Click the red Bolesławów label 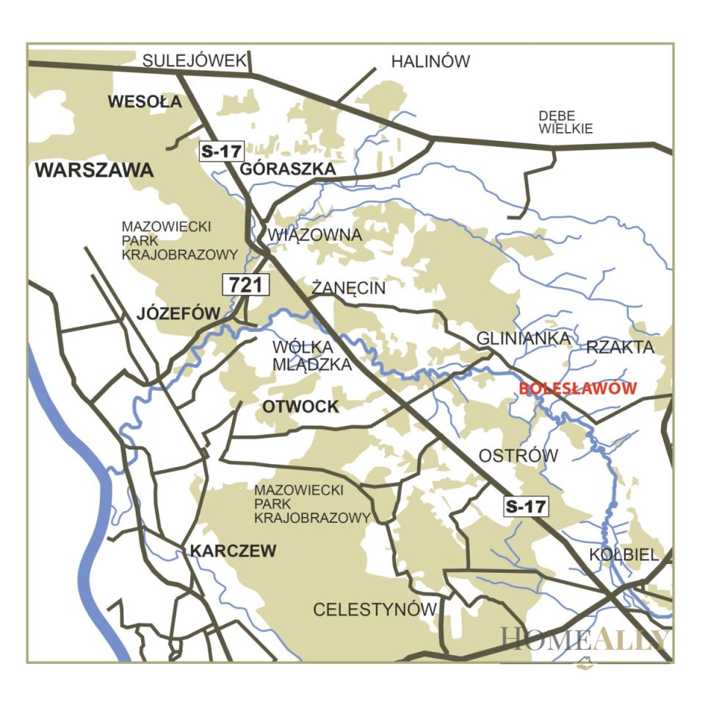coord(577,389)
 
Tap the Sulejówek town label coord(195,60)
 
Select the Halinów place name coord(430,62)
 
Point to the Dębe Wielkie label coord(565,123)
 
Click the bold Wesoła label coord(145,102)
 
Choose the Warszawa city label coord(94,171)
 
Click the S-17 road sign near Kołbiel coord(526,505)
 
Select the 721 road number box coord(245,285)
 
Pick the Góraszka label coord(289,169)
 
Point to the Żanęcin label coord(348,288)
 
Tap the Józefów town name coord(178,314)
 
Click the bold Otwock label coord(300,407)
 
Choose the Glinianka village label coord(523,339)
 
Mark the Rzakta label coord(620,348)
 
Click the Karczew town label coord(233,551)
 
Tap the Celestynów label coord(375,610)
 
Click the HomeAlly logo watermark coord(585,640)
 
